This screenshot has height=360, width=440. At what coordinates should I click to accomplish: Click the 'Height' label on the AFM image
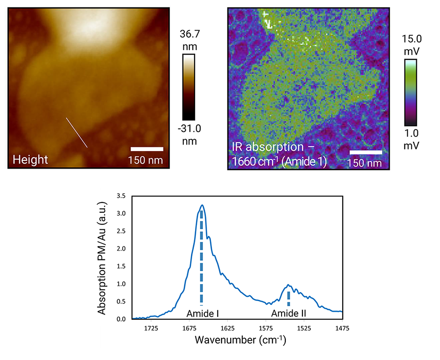pyautogui.click(x=30, y=160)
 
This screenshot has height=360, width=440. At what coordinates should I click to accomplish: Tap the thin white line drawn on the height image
pyautogui.click(x=77, y=133)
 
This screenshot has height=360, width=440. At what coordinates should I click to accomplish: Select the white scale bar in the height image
pyautogui.click(x=147, y=149)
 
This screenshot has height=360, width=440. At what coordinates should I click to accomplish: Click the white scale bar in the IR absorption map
pyautogui.click(x=365, y=152)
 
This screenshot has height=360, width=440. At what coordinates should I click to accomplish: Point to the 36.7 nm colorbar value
pyautogui.click(x=189, y=40)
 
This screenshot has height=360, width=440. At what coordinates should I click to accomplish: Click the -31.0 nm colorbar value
pyautogui.click(x=189, y=133)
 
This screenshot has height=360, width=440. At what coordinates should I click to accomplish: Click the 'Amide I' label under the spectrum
pyautogui.click(x=202, y=314)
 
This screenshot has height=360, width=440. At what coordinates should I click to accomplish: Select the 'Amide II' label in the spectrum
pyautogui.click(x=289, y=314)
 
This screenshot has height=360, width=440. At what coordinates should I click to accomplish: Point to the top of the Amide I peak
pyautogui.click(x=202, y=205)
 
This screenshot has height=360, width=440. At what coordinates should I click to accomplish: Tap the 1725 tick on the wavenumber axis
pyautogui.click(x=151, y=328)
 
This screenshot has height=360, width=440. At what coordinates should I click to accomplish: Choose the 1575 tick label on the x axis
pyautogui.click(x=266, y=328)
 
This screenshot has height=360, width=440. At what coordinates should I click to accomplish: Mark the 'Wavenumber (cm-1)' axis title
pyautogui.click(x=240, y=341)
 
